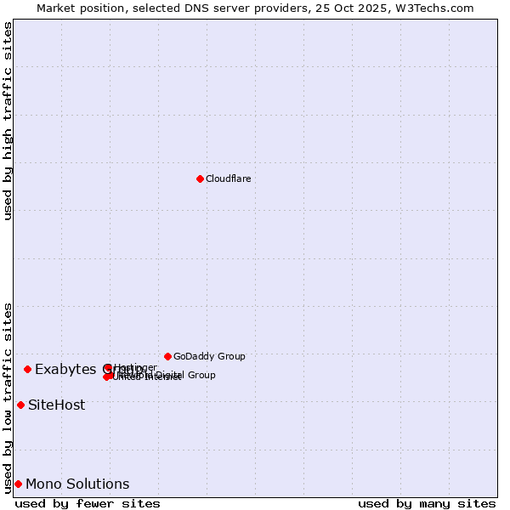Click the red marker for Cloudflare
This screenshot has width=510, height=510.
(200, 178)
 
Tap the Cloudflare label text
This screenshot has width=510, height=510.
(228, 178)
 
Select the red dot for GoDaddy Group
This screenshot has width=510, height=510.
(167, 356)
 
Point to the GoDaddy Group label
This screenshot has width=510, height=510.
(209, 356)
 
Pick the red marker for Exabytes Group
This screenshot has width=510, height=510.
(27, 369)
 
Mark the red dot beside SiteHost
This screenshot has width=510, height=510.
(20, 405)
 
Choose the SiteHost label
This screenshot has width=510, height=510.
(56, 405)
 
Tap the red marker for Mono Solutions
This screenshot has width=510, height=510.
(18, 484)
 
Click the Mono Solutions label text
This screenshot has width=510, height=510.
(77, 484)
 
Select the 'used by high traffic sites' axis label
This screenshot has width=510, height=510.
(8, 121)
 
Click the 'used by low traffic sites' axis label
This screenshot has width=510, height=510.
(8, 397)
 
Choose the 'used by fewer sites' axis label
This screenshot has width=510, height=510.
(88, 503)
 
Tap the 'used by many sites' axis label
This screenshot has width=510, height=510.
(427, 503)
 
